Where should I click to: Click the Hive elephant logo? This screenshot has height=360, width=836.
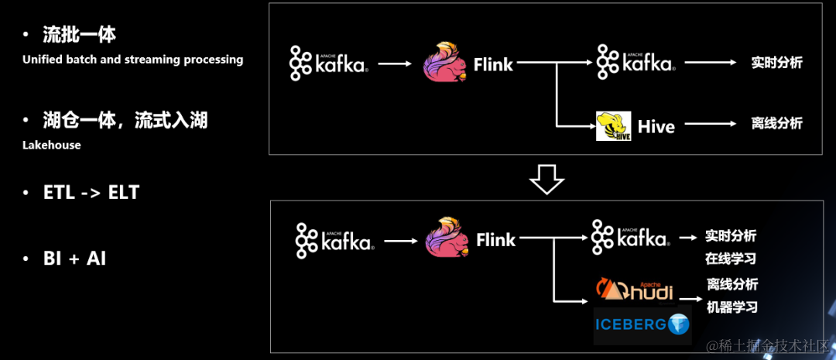(613, 126)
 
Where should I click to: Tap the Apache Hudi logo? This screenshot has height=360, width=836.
(634, 291)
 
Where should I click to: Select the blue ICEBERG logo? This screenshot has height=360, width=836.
(642, 325)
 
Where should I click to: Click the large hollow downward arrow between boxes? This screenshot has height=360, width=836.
(546, 179)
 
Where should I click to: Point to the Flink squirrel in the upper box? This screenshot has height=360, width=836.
(445, 63)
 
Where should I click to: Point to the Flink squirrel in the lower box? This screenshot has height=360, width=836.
(447, 238)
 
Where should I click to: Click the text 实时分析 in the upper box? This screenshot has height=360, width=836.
(776, 63)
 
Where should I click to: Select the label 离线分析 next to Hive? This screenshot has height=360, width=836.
(776, 123)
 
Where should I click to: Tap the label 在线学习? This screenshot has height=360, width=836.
(730, 259)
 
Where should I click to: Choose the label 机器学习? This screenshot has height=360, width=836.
(731, 307)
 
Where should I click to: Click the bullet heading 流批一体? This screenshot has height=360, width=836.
(80, 35)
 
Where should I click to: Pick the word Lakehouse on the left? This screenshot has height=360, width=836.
(51, 145)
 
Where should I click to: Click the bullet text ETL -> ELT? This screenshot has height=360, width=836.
(91, 193)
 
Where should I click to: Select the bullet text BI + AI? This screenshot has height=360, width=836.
(74, 259)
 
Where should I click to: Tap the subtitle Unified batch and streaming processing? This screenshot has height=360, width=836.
(132, 60)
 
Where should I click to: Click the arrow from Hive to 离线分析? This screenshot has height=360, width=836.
(710, 123)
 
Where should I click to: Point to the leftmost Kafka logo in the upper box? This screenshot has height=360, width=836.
(329, 63)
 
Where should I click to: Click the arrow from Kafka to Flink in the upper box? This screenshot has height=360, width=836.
(395, 63)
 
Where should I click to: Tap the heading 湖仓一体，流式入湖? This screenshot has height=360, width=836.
(125, 121)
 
